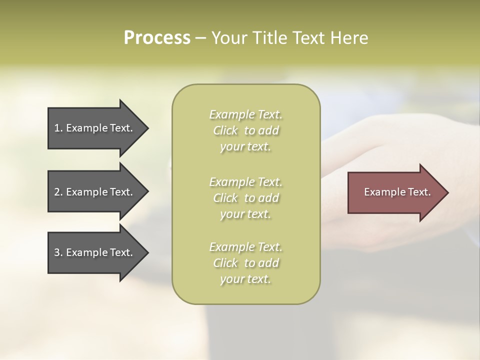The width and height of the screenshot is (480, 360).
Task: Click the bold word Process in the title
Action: (157, 38)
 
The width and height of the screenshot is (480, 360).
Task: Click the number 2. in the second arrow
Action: (58, 192)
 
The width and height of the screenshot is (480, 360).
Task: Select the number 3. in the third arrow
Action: (58, 252)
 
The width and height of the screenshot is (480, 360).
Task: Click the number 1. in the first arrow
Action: (58, 128)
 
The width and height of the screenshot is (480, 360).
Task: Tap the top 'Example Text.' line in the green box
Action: (246, 114)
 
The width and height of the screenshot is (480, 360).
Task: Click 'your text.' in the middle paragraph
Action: (245, 214)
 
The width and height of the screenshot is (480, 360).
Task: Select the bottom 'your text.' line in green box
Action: (245, 279)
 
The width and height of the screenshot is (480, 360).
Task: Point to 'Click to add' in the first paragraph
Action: (246, 130)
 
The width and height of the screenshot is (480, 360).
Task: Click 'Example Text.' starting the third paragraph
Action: (246, 247)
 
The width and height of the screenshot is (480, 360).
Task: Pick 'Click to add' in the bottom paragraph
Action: (246, 263)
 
